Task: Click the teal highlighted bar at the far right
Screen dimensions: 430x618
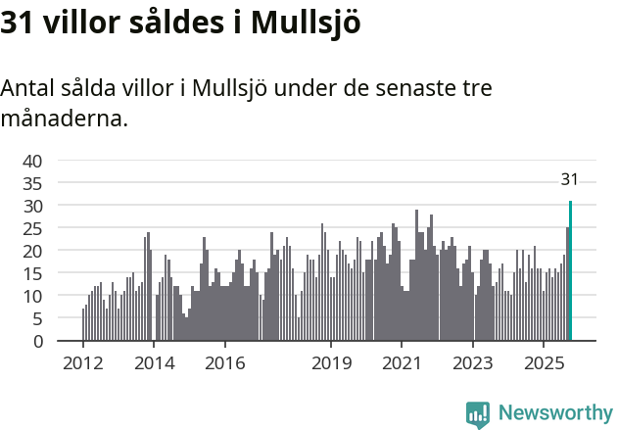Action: coord(570,271)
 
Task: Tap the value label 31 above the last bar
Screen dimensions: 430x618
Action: coord(569,179)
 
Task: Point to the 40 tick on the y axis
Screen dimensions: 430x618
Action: coord(32,161)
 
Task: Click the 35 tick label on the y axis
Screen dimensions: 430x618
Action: coord(32,183)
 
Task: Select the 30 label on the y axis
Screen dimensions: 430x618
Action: coord(32,206)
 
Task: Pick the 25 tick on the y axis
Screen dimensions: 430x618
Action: coord(32,228)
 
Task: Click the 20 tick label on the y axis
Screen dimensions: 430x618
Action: coord(32,251)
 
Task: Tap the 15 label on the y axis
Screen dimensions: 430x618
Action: coord(32,273)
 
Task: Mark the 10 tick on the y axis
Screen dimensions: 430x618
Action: coord(32,296)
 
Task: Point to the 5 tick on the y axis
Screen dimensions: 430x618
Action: coord(37,318)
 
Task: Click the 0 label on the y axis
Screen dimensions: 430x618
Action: coord(37,341)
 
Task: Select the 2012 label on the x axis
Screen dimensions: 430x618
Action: coord(82,362)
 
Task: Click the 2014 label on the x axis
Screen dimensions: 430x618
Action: coord(154,362)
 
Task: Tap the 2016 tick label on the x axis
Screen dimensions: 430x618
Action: coord(224,362)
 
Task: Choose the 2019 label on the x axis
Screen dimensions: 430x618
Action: coord(331,362)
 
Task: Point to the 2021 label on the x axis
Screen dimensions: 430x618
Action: coord(402,362)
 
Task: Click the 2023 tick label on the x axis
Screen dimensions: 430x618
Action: coord(473,362)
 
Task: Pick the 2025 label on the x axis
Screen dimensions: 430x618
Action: coord(544,362)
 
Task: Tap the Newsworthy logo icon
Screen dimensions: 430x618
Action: coord(478,414)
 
